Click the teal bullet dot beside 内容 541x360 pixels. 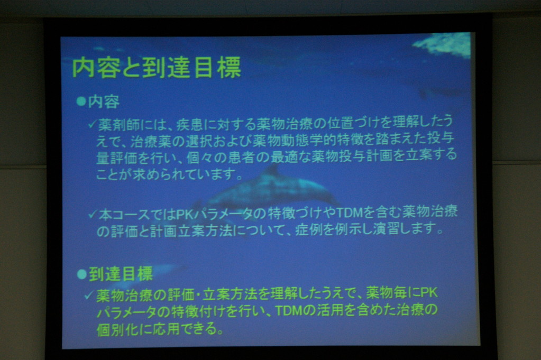click(x=81, y=101)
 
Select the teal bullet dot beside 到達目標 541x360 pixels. click(x=82, y=274)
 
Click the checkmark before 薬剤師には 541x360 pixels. click(x=92, y=124)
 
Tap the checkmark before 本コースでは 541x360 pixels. click(x=92, y=215)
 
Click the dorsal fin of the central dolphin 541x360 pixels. click(x=272, y=171)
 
